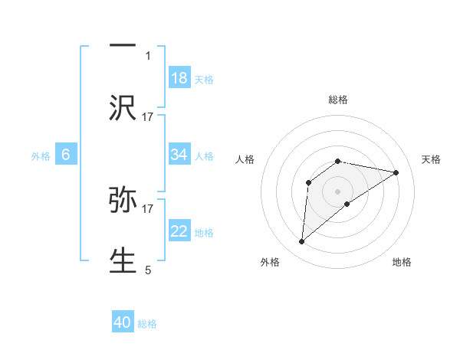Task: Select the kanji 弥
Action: (x=123, y=201)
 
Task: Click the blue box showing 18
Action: (x=179, y=78)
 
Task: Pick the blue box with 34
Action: (x=179, y=155)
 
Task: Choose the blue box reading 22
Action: (x=179, y=231)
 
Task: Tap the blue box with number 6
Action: (x=66, y=155)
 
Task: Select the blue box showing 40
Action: (x=123, y=322)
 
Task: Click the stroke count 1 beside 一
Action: (x=148, y=55)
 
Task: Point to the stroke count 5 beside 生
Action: (x=148, y=270)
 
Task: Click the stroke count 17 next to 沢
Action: (x=148, y=116)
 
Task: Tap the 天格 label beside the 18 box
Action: (x=204, y=79)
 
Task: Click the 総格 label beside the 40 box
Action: (x=147, y=324)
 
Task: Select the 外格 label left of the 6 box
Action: (x=41, y=156)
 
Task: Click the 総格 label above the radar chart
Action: (x=338, y=100)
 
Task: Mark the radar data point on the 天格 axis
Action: (x=396, y=172)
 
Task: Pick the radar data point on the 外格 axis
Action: (x=302, y=242)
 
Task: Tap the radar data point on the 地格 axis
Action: (x=347, y=203)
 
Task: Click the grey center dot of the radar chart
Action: (x=338, y=191)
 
